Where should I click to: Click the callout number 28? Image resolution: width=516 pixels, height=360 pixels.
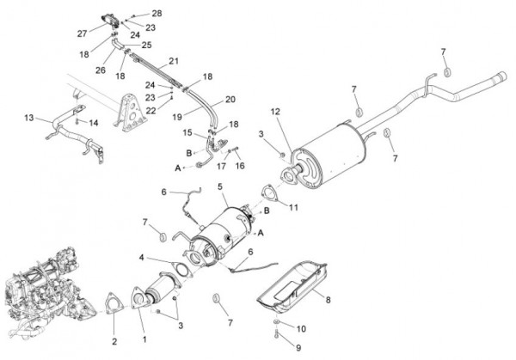pos(156,13)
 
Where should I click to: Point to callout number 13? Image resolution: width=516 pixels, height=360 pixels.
pos(28,117)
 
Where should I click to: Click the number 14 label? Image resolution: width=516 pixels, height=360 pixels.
pos(94,123)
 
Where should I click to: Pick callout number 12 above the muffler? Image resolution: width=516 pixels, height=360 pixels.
pos(275,111)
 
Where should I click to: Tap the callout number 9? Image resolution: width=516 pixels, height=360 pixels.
pos(299,348)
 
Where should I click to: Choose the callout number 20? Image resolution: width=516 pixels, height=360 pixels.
pos(230,100)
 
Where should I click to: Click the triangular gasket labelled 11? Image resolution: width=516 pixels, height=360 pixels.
pos(267,193)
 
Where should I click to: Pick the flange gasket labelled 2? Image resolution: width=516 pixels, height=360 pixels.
pos(112,302)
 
